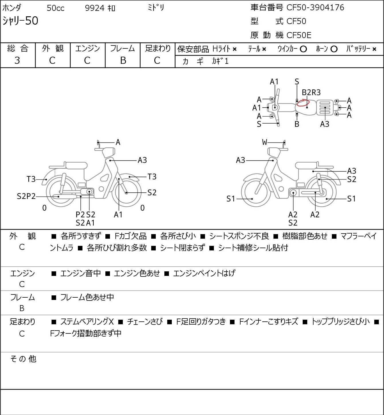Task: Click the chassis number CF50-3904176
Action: tap(315, 7)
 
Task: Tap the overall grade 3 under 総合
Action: tap(17, 60)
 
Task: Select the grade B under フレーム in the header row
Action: tap(123, 60)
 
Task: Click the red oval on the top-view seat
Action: tap(303, 103)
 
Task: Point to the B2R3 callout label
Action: tap(311, 92)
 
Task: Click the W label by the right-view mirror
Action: tap(265, 142)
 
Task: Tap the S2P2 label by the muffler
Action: tap(26, 196)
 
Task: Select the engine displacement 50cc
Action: tap(56, 8)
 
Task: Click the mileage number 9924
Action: tap(94, 8)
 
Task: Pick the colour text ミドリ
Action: tap(156, 8)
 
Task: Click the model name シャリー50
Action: tap(20, 21)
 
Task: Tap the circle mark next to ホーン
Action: tap(334, 49)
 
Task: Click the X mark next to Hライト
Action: tap(235, 49)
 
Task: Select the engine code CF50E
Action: tap(299, 35)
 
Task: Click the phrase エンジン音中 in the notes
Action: tap(80, 273)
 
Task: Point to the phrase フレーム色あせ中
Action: tap(87, 297)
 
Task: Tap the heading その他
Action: tap(23, 359)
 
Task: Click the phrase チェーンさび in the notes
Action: tap(145, 321)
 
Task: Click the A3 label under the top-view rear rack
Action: tap(325, 124)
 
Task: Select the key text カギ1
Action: tap(220, 61)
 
